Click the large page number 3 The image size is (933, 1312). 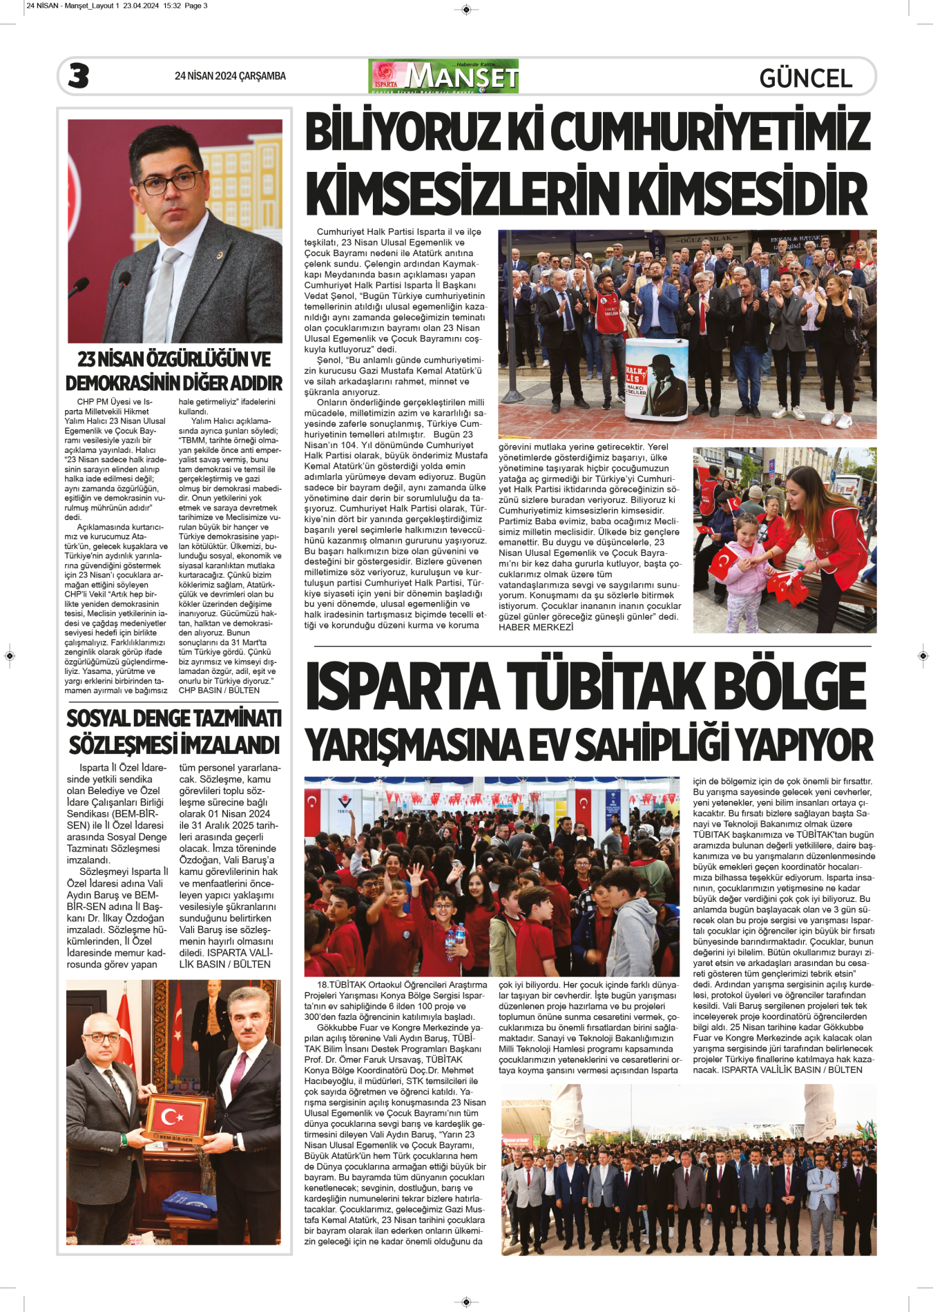tap(79, 76)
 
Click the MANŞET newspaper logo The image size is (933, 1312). tap(443, 76)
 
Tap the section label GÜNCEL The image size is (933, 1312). tap(805, 78)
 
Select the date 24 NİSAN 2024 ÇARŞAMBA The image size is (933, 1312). tap(230, 76)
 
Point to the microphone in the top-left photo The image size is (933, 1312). tap(125, 280)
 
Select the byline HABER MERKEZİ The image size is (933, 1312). tap(536, 627)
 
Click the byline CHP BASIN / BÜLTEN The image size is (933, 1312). tap(219, 690)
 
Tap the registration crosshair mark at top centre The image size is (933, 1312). tap(466, 9)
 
